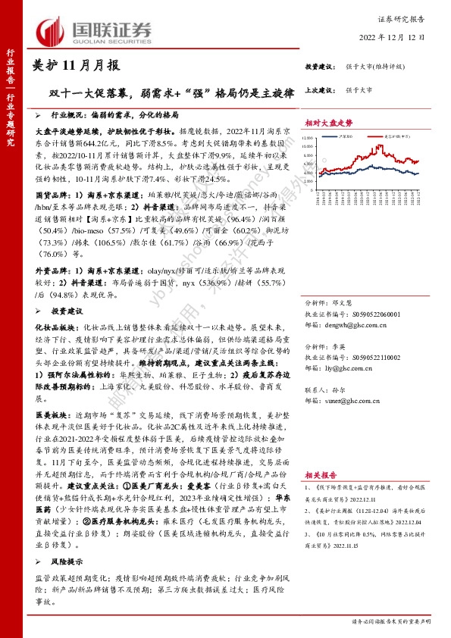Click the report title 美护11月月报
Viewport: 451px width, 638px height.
[77, 66]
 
